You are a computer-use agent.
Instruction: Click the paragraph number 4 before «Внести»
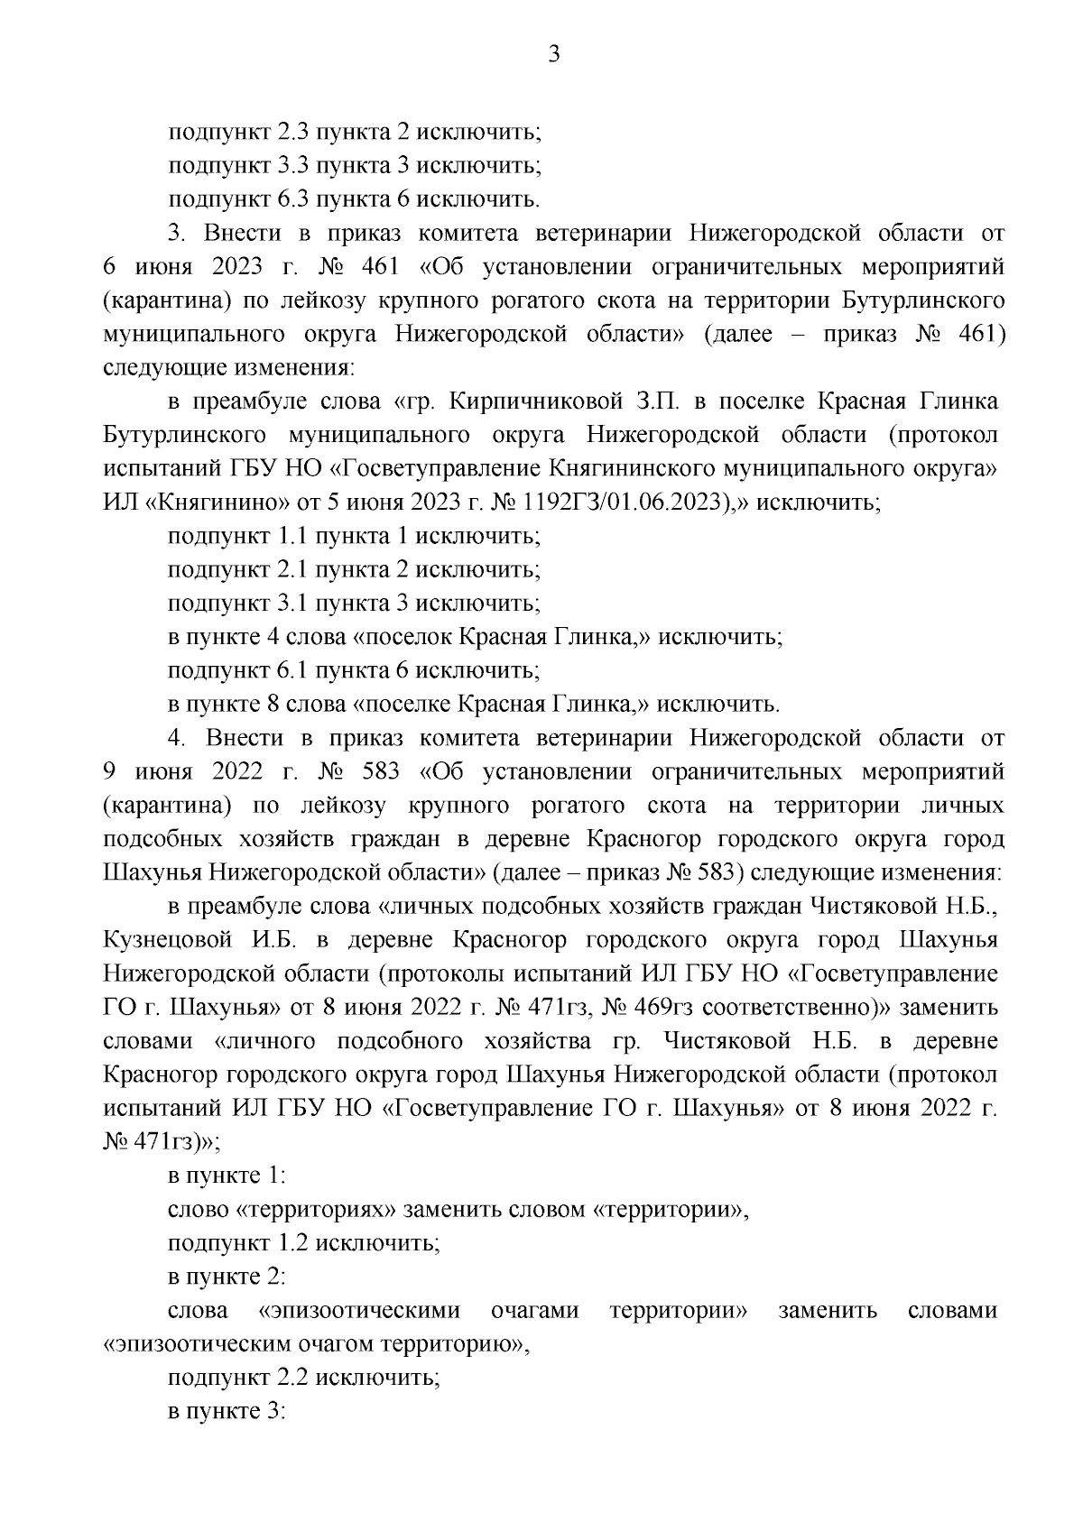point(176,738)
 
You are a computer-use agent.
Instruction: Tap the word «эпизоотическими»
point(359,1310)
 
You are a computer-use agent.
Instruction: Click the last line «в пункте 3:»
point(227,1412)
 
